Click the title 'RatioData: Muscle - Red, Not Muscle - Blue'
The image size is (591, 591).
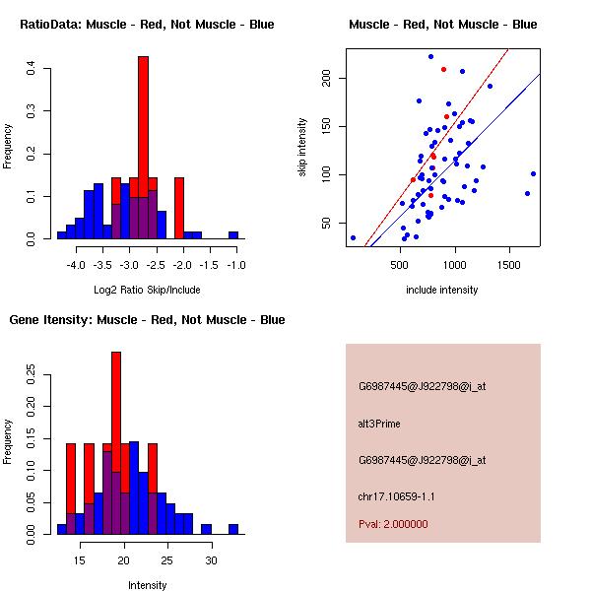(147, 24)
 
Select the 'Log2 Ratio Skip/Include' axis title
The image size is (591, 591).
(147, 290)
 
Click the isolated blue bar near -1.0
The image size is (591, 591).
(233, 235)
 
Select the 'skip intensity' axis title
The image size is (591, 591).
(303, 148)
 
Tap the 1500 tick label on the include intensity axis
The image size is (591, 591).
(509, 265)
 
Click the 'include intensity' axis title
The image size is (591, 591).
(442, 290)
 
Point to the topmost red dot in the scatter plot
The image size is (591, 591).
(443, 69)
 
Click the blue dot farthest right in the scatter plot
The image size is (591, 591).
(533, 173)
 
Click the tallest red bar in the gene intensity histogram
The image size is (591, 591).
(116, 414)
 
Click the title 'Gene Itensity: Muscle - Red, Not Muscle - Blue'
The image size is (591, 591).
(147, 319)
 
